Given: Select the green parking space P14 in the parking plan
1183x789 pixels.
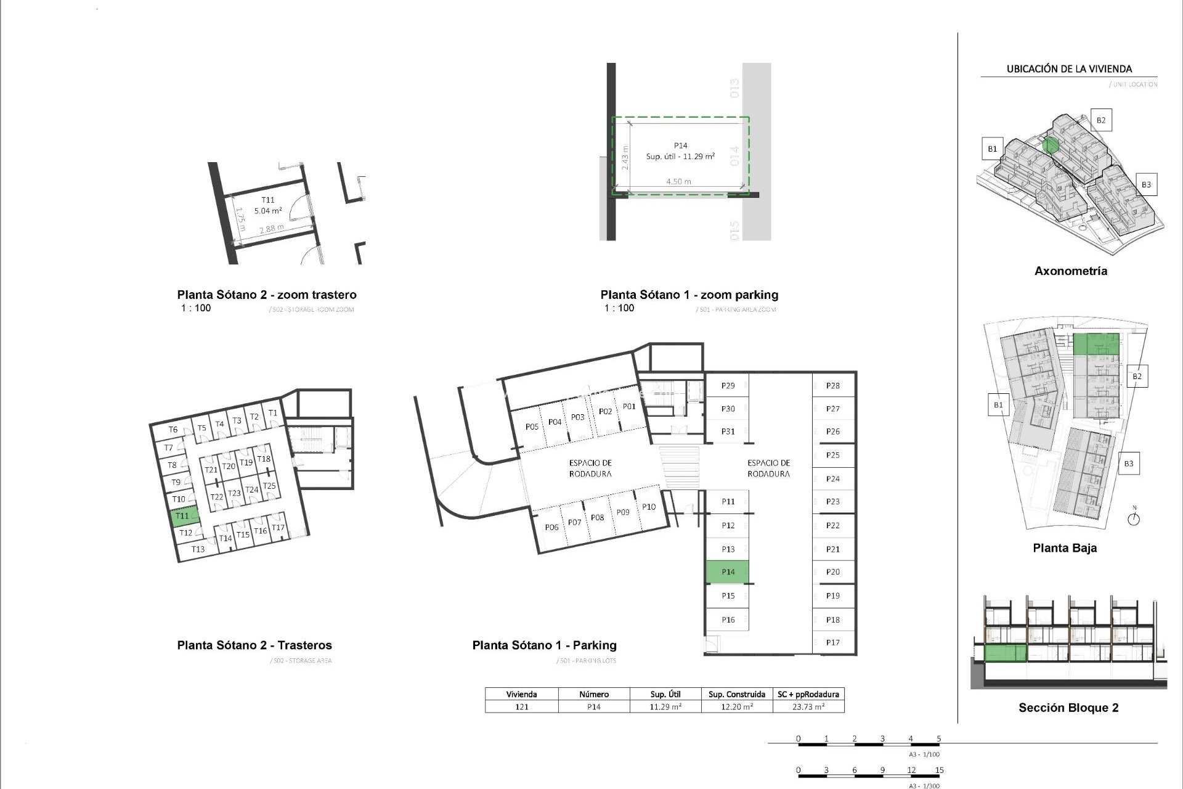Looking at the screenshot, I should [x=727, y=572].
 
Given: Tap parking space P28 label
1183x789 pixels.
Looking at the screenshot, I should [x=832, y=386].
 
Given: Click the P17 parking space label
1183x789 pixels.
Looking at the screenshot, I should [x=832, y=642].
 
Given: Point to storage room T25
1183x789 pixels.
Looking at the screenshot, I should [x=269, y=486].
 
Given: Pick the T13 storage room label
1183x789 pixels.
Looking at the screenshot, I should [x=198, y=549].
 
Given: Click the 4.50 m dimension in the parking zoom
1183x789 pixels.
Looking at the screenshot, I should [x=678, y=182].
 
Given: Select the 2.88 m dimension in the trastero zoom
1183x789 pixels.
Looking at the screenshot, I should [x=271, y=229].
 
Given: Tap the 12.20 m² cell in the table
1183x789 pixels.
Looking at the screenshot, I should [x=737, y=707].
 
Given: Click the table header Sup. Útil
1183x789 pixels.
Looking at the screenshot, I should [x=665, y=694].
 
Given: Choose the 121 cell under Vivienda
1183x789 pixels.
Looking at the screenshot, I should [x=521, y=707].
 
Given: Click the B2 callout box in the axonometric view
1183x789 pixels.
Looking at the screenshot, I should [x=1100, y=120].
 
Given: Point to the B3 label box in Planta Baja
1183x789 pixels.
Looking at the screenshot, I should [x=1128, y=464].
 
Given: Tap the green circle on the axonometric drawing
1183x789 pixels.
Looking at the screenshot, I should [x=1051, y=145].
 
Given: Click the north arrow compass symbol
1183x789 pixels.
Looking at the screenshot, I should [x=1133, y=518].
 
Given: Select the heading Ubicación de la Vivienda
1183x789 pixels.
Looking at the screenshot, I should [x=1069, y=69].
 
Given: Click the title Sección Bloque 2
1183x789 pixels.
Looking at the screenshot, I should [x=1068, y=708].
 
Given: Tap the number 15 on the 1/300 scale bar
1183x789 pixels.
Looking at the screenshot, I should [x=939, y=770].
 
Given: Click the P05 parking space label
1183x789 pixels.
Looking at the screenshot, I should [x=532, y=427].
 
